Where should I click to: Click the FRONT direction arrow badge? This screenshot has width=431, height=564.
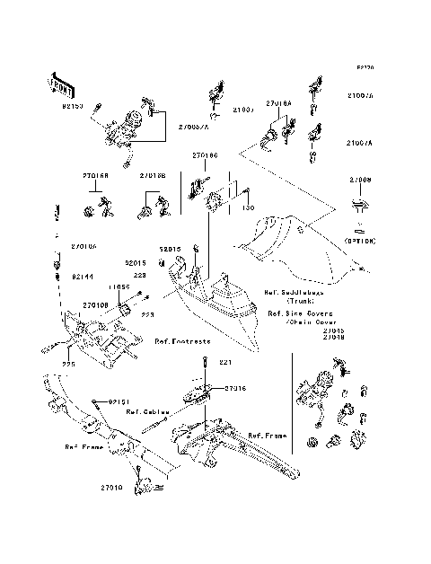click(60, 84)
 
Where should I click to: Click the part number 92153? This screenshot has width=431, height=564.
click(73, 106)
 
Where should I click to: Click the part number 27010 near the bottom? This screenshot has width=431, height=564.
click(110, 485)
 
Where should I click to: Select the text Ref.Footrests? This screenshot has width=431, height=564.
click(181, 341)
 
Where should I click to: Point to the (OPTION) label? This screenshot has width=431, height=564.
click(357, 242)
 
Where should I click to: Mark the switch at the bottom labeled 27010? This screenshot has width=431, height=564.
click(144, 486)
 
